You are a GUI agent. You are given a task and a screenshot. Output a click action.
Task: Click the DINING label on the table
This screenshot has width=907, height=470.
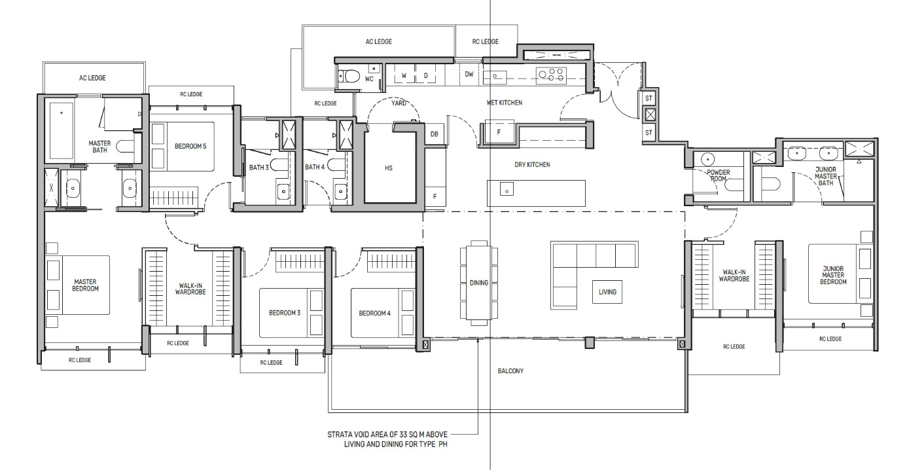478,283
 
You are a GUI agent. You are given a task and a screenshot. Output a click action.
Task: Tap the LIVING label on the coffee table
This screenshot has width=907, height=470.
607,292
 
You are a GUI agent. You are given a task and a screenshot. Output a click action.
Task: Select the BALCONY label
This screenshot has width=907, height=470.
510,371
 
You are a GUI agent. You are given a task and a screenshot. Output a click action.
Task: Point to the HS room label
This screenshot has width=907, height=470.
389,168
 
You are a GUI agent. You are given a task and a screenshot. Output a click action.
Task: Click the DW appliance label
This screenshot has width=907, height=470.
469,74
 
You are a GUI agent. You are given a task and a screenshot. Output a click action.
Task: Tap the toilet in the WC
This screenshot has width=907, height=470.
349,76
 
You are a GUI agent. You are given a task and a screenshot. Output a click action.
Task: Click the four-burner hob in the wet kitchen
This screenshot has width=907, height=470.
551,76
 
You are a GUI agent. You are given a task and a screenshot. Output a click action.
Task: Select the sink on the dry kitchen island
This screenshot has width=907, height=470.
507,189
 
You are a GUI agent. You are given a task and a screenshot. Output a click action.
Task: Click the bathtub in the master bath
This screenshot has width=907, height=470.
61,130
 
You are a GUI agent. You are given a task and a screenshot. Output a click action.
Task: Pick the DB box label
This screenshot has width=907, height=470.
434,134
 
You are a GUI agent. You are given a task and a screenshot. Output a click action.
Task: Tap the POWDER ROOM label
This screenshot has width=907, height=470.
719,175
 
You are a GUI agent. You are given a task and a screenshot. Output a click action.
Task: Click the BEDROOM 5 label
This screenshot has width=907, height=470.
190,146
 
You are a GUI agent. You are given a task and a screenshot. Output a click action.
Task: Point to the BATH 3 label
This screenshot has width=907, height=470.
258,168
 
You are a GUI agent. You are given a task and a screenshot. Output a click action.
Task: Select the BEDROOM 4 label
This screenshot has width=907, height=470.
374,313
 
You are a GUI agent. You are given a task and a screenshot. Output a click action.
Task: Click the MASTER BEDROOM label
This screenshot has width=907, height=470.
86,285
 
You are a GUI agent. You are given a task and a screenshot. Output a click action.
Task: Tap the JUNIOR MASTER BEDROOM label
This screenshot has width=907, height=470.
833,275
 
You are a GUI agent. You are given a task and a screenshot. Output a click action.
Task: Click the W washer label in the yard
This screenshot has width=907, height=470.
404,76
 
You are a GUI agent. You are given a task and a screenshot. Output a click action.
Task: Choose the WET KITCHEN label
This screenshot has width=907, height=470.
504,103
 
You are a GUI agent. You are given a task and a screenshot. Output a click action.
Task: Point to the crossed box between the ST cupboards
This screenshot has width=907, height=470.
650,115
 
